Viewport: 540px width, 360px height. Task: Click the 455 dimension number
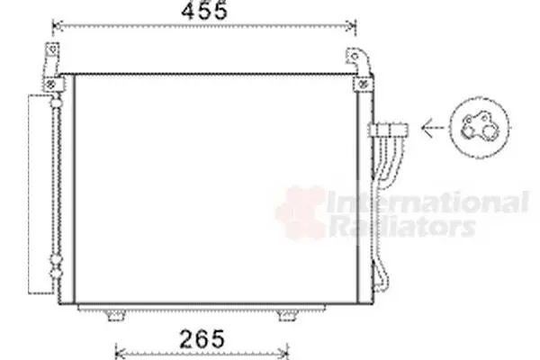coord(204,11)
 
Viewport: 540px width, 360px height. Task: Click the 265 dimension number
coord(202,338)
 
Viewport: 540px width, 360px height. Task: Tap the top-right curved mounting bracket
coord(359,61)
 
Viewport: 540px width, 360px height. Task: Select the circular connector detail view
coord(480,128)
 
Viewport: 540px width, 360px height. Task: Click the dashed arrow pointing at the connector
coord(433,128)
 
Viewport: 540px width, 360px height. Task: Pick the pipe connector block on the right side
coord(389,130)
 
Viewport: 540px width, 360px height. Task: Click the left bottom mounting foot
coord(115,315)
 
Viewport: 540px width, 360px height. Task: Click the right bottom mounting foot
coord(287,315)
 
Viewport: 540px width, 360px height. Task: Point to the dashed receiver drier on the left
coord(40,194)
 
